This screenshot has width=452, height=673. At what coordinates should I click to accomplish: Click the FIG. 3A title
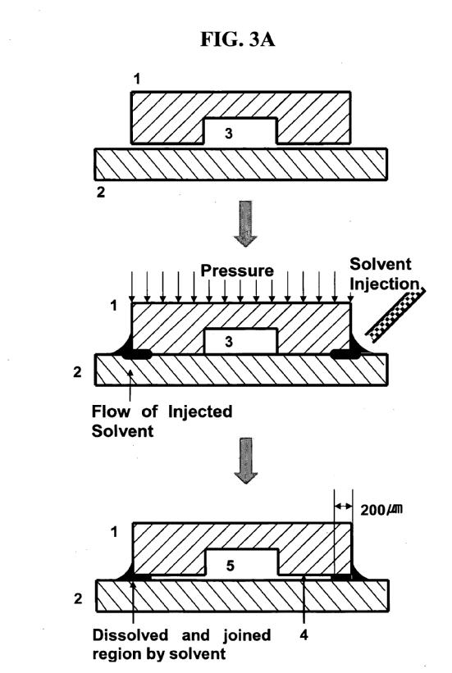tap(237, 39)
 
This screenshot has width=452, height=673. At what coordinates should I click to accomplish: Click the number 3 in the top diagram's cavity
tap(229, 133)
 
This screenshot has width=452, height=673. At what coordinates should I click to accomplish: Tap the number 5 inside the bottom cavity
tap(231, 566)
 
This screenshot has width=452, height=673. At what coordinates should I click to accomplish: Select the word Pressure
tap(237, 271)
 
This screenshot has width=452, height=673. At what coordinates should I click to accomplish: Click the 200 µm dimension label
tap(381, 510)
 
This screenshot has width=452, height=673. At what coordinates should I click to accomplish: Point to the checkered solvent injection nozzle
tap(395, 315)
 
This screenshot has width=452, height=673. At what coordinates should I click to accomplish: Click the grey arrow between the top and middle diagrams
tap(245, 224)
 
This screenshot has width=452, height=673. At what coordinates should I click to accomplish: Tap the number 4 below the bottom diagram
tap(304, 634)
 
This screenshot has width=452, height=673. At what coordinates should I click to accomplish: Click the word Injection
tap(385, 284)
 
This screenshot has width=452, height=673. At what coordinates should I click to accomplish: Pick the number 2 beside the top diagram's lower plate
tap(101, 192)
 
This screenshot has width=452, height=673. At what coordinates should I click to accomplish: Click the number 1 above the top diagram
tap(137, 79)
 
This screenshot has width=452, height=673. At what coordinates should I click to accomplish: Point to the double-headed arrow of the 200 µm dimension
tap(343, 507)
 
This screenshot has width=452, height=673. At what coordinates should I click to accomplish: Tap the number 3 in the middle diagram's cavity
tap(229, 342)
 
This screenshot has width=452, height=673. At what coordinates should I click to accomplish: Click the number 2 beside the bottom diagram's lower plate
tap(78, 598)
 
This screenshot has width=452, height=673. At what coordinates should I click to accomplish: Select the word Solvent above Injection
tap(381, 264)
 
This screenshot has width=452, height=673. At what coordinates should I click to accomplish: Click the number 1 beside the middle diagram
tap(113, 306)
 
